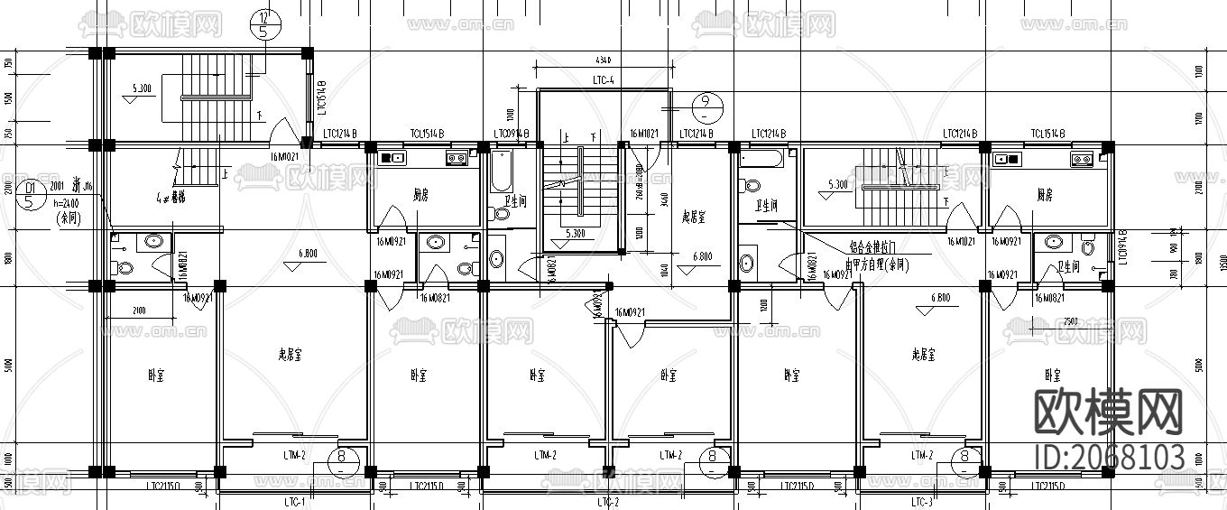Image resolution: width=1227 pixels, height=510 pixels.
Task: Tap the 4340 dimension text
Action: click(x=604, y=60)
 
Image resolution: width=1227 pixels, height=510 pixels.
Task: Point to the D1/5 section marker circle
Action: click(x=30, y=194)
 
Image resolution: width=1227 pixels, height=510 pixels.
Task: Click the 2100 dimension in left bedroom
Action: click(x=139, y=311)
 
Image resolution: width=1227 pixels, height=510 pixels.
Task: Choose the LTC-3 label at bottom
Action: click(x=920, y=501)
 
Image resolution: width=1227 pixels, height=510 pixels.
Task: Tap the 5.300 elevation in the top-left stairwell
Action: click(x=142, y=88)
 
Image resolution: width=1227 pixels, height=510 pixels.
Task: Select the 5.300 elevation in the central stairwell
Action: click(x=576, y=234)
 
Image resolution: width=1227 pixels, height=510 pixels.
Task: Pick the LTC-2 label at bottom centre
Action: click(x=608, y=501)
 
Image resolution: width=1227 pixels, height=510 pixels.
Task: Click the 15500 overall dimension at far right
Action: click(x=1220, y=260)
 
